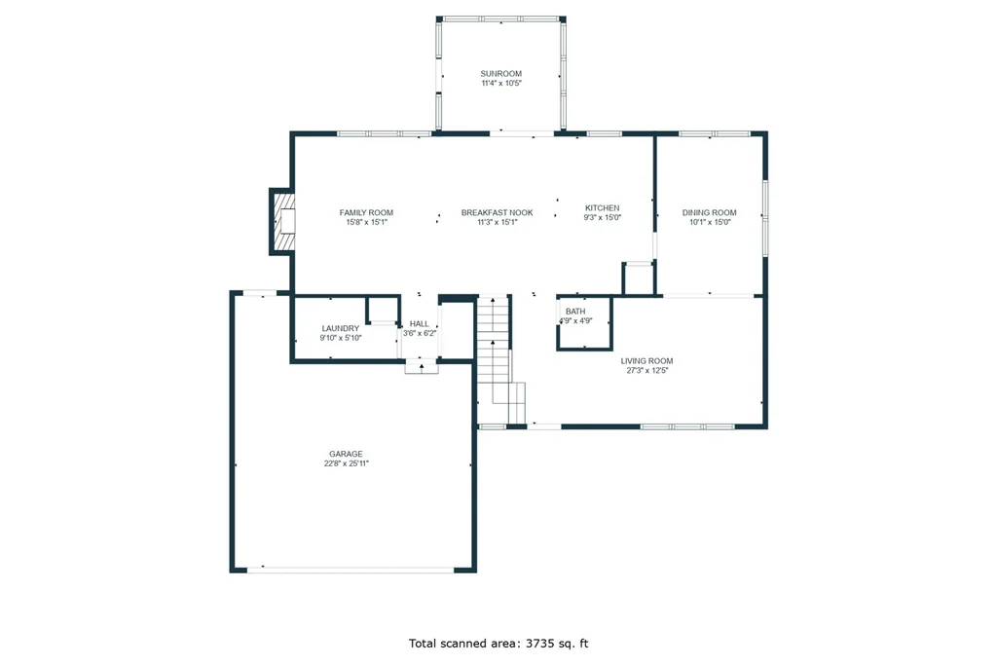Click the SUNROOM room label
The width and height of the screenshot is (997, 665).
pos(501,74)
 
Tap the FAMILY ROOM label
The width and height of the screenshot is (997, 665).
pos(366,213)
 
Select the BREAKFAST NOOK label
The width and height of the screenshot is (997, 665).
pos(498,213)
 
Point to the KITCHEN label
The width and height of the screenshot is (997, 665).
pos(602,208)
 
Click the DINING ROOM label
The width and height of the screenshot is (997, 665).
pos(710,213)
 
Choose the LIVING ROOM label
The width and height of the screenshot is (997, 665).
pos(646,361)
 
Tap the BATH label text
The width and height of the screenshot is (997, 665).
pos(575,312)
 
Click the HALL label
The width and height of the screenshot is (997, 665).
pos(420,324)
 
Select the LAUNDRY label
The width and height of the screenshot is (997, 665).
pos(340,329)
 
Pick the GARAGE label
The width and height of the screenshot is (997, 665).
pos(346,454)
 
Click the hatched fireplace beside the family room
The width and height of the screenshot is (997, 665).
pos(283,222)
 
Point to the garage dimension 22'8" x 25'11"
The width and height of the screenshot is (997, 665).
pos(346,463)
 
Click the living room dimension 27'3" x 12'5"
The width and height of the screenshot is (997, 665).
pos(647,371)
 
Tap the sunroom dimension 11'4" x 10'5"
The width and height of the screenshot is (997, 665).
pos(501,84)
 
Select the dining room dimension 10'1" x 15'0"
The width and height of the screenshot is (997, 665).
pos(710,223)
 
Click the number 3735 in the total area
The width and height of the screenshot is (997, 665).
pos(539,644)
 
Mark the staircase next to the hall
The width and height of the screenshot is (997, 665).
pos(501,359)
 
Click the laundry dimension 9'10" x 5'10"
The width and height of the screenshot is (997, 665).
pos(340,338)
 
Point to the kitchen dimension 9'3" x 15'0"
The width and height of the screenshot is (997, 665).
pos(602,217)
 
